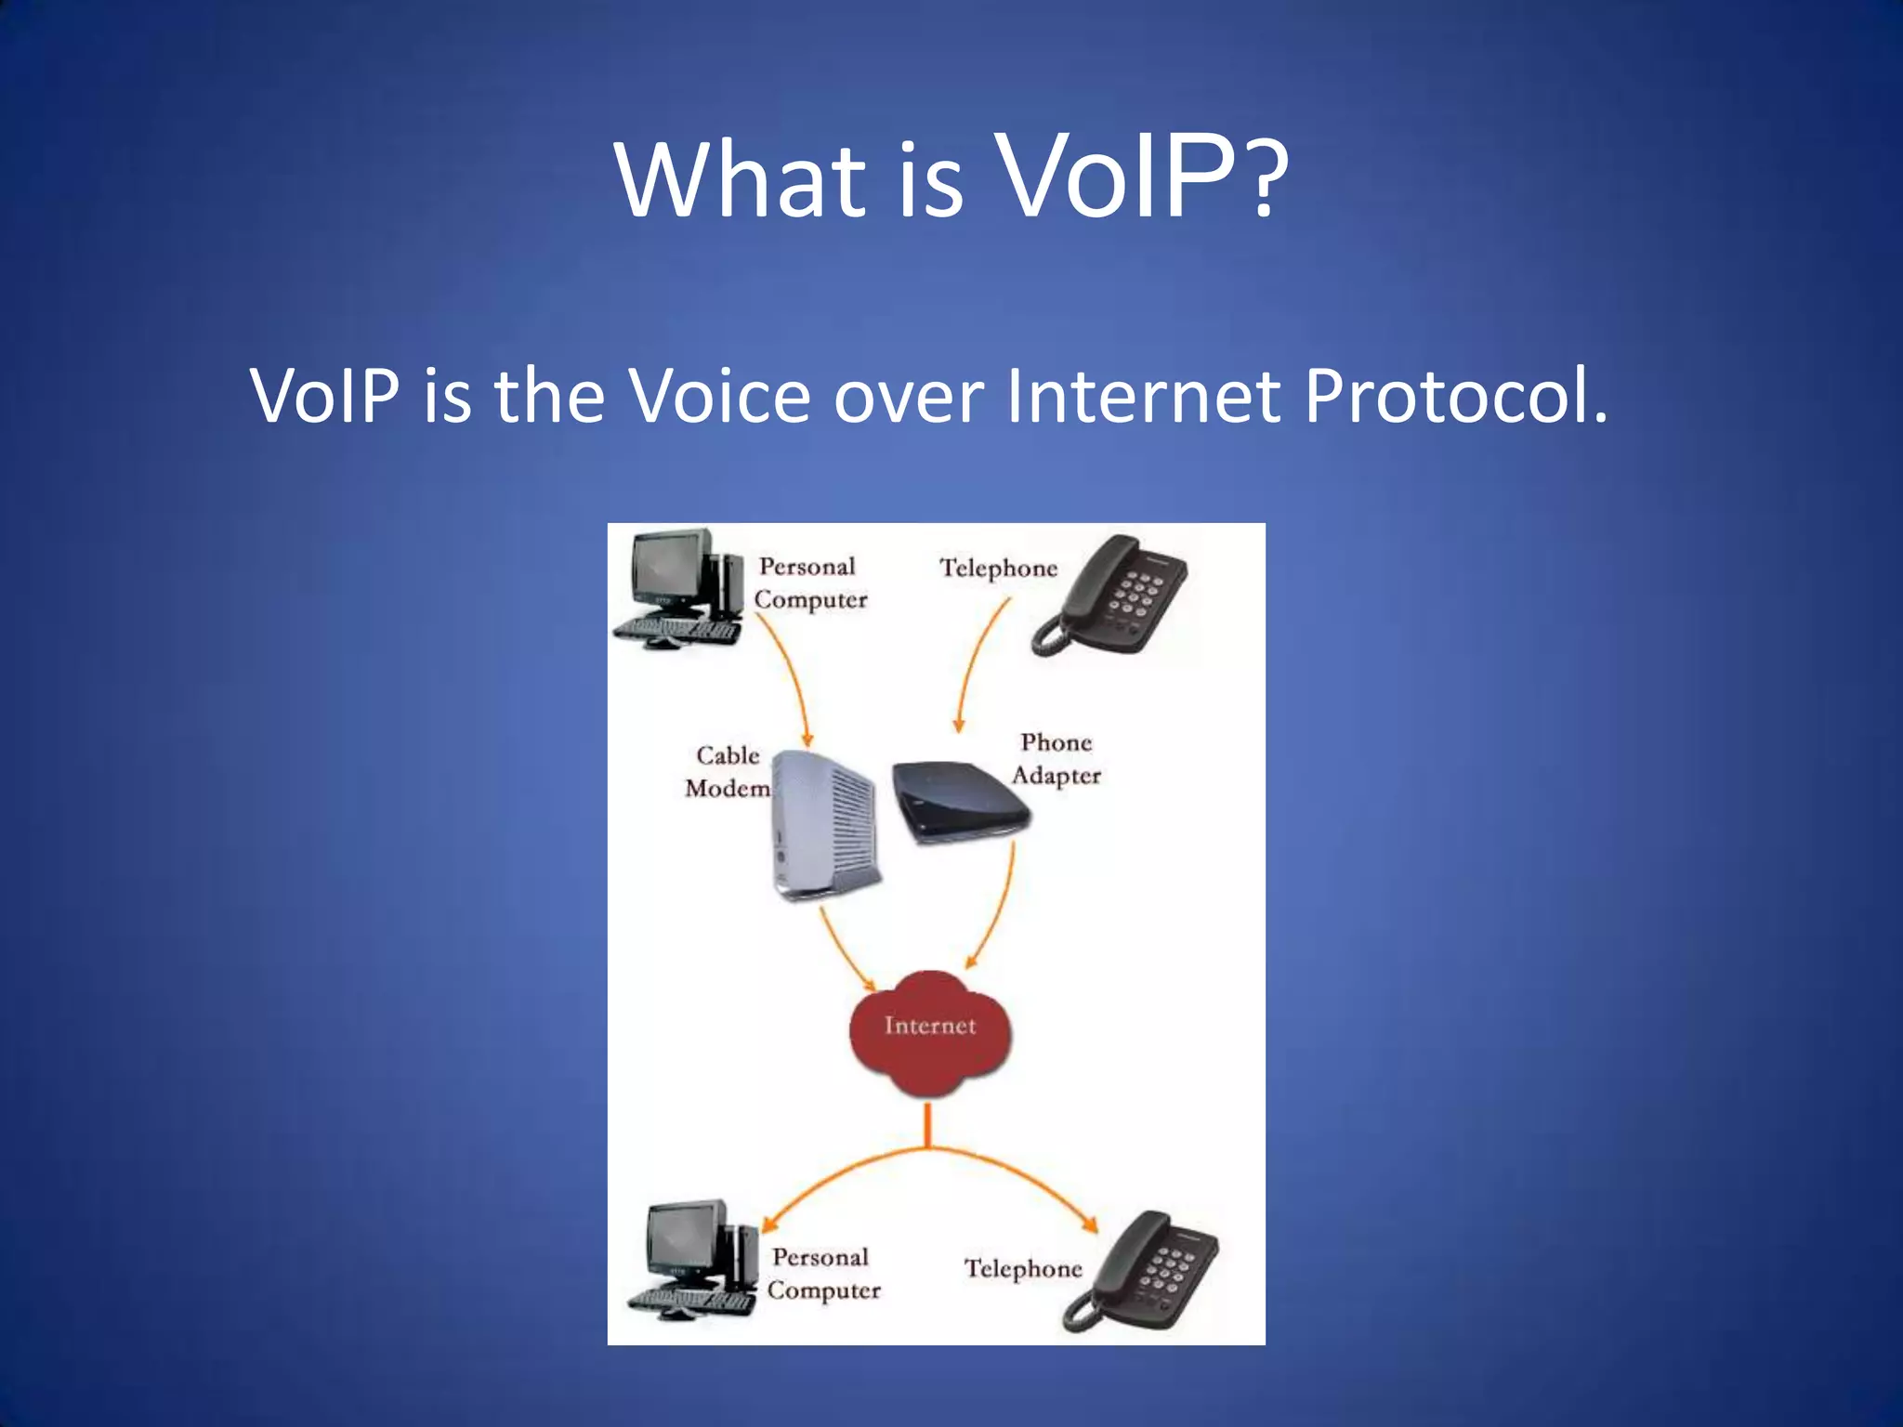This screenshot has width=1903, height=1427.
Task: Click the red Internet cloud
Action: click(929, 1031)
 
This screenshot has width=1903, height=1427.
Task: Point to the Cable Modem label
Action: click(728, 771)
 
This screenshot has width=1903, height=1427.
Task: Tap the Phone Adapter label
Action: click(1056, 758)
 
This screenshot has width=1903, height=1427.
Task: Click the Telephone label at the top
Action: click(998, 568)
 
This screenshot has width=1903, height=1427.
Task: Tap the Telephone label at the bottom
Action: click(1022, 1268)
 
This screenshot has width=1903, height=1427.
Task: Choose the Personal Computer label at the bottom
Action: click(822, 1274)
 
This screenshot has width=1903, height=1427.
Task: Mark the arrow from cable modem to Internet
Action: click(844, 952)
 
